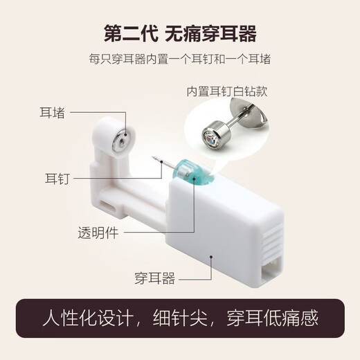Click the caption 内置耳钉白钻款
tap(228, 91)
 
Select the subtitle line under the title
tap(179, 60)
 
